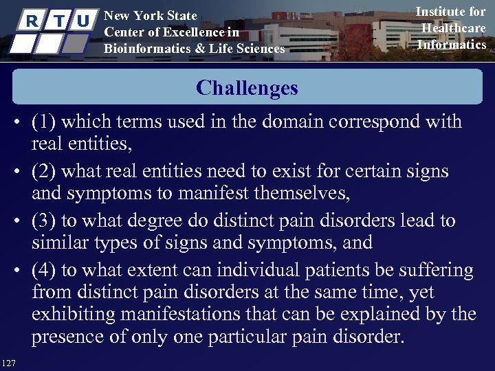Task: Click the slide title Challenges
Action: [247, 88]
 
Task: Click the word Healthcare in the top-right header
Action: [453, 28]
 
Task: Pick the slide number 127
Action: [10, 362]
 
